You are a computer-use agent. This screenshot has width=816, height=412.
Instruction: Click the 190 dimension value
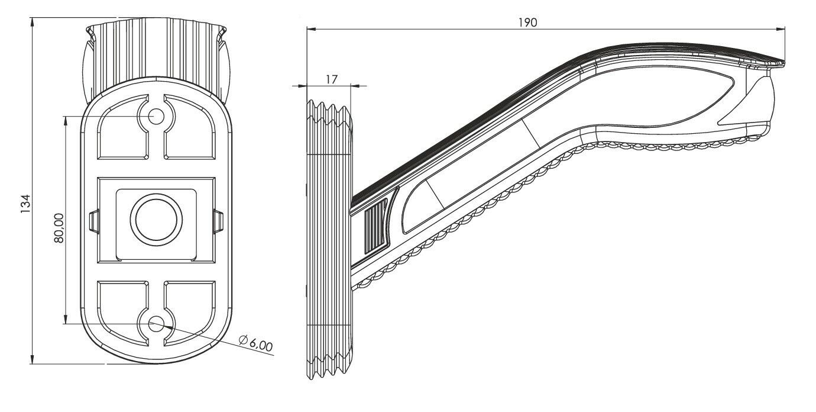(527, 22)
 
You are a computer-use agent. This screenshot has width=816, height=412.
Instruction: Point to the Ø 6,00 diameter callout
(256, 343)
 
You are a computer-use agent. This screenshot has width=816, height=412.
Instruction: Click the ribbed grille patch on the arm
(376, 226)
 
